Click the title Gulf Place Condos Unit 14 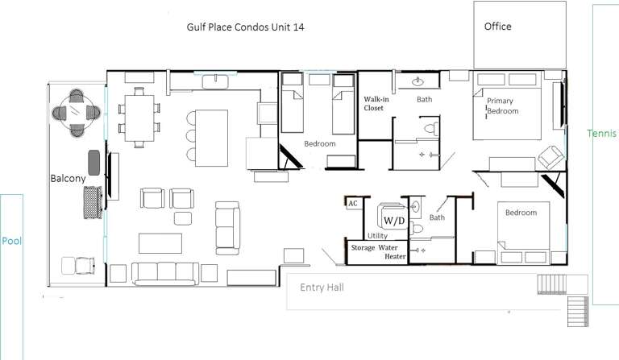pyautogui.click(x=245, y=27)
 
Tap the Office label pyautogui.click(x=497, y=27)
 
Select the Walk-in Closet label pyautogui.click(x=374, y=102)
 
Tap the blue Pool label pyautogui.click(x=10, y=241)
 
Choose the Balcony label pyautogui.click(x=67, y=178)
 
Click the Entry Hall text pyautogui.click(x=322, y=288)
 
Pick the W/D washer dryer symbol pyautogui.click(x=394, y=219)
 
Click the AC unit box pyautogui.click(x=353, y=204)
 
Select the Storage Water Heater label pyautogui.click(x=378, y=252)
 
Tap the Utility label pyautogui.click(x=377, y=236)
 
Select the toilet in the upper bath pyautogui.click(x=431, y=127)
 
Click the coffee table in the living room pyautogui.click(x=160, y=242)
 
